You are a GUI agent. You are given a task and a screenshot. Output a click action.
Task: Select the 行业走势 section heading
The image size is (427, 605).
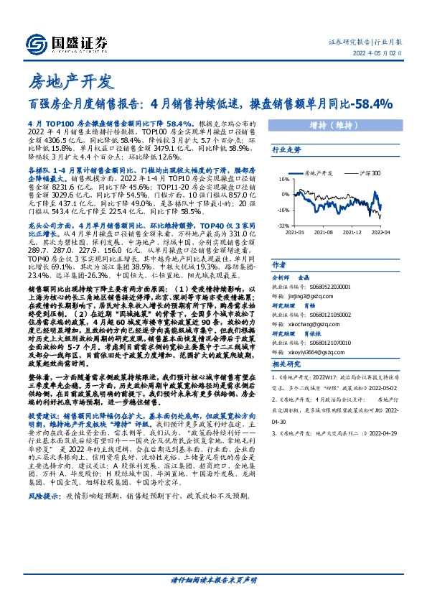(x=283, y=149)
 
